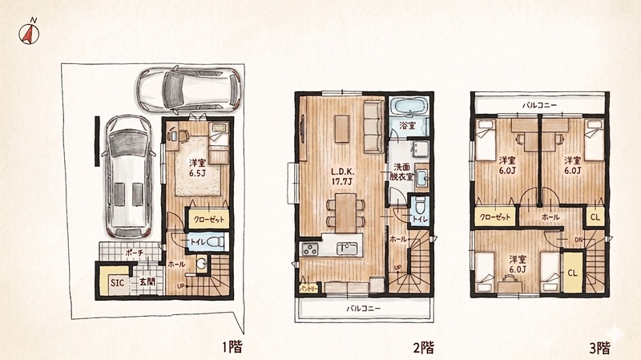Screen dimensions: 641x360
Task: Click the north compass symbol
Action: coord(29,33)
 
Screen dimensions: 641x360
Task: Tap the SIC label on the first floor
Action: coord(117,283)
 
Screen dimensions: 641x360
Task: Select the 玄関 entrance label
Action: coord(147,281)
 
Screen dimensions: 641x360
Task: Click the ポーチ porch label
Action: coord(135,253)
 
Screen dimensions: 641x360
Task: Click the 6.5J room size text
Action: coord(197,173)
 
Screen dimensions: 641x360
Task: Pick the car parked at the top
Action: coord(189,89)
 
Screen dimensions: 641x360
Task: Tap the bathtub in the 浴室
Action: coord(409,107)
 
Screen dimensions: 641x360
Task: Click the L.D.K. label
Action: coord(343,172)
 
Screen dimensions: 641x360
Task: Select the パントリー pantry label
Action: coord(308,289)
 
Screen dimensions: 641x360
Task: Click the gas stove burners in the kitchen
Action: coord(310,249)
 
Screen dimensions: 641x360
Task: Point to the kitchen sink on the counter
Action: coord(347,249)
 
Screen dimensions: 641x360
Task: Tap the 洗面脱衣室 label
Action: coord(401,172)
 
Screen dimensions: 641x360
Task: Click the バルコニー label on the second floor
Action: coord(364,309)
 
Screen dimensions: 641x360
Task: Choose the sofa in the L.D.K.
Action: coord(373,127)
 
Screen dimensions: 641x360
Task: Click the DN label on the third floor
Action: coord(579,239)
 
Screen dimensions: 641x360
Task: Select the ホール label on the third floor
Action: coord(550,217)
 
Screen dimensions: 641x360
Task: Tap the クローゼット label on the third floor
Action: coord(495,216)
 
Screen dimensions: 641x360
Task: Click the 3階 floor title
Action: coord(599,348)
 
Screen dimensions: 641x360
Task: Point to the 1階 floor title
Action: coord(232,347)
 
